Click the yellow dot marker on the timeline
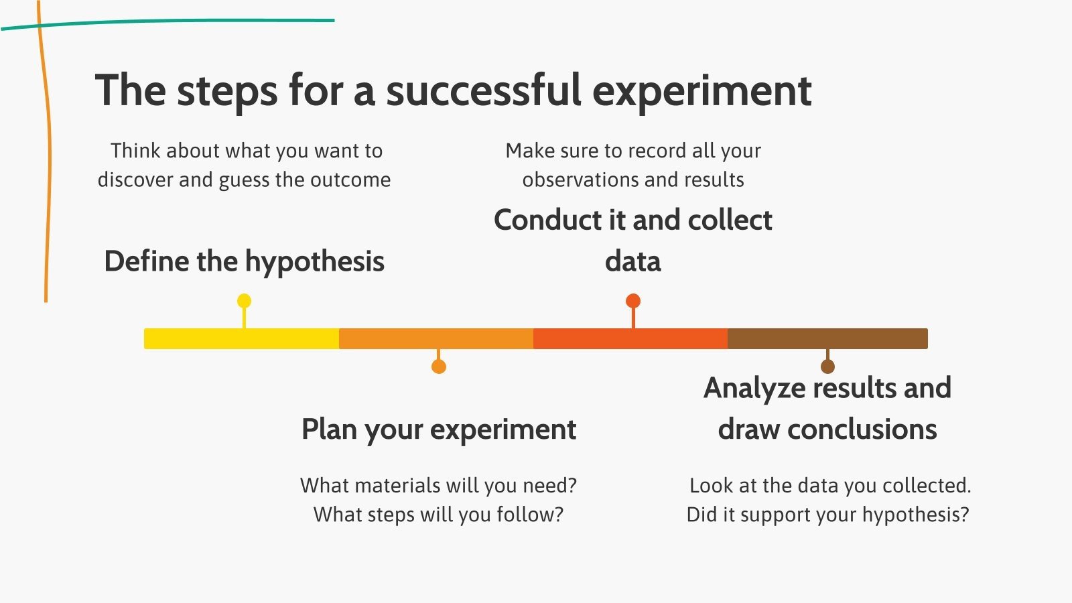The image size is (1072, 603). tap(244, 301)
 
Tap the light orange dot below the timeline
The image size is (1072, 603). tap(439, 366)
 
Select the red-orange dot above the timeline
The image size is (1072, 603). tap(633, 301)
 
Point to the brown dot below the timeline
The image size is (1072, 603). tap(828, 366)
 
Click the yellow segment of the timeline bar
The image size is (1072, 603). tap(242, 339)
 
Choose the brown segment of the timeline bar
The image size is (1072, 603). tap(828, 339)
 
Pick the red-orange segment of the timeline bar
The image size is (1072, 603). tap(630, 339)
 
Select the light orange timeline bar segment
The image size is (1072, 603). tap(436, 339)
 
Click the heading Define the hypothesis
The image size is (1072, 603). tap(245, 262)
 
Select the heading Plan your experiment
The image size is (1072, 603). tap(439, 429)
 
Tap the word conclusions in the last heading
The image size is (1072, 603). tap(862, 429)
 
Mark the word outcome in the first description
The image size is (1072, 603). tap(350, 180)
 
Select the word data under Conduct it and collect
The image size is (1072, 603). tap(633, 261)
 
